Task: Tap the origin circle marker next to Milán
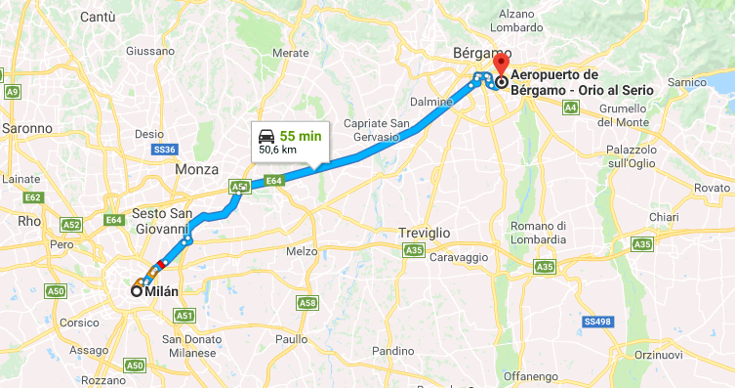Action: click(x=137, y=290)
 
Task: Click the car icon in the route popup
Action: click(x=265, y=136)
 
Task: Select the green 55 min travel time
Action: click(x=300, y=136)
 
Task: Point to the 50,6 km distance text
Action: click(x=278, y=151)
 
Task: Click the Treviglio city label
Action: click(x=424, y=233)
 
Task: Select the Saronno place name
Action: click(x=26, y=128)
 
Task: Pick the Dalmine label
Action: click(x=430, y=101)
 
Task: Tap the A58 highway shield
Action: click(x=307, y=303)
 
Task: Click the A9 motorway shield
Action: click(x=12, y=92)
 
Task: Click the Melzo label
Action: click(x=302, y=251)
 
